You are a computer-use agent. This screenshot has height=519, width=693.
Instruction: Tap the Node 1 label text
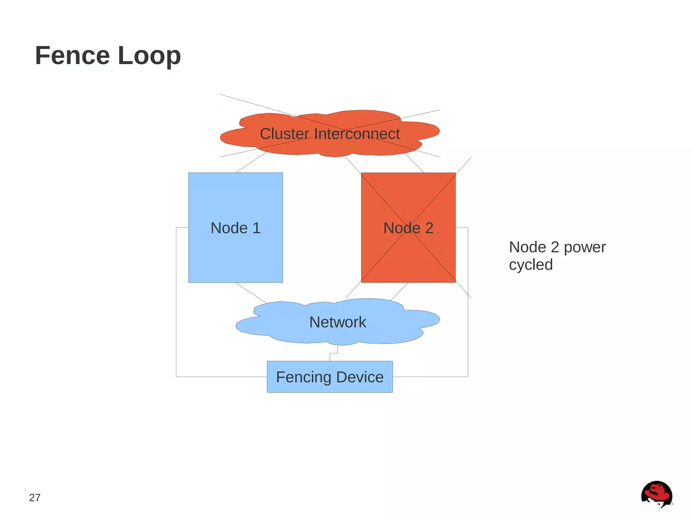coord(235,228)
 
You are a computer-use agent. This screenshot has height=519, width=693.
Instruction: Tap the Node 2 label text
coord(408,228)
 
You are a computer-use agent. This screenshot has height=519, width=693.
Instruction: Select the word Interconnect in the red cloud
coord(357,134)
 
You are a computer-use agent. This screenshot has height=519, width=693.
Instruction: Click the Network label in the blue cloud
coord(337,322)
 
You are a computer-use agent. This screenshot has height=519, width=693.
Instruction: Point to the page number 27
coord(35,498)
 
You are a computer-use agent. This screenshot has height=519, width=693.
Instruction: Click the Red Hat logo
coord(656,494)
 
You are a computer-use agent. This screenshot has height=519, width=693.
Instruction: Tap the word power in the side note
coord(584,247)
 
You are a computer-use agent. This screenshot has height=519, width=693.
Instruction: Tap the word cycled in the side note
coord(531,265)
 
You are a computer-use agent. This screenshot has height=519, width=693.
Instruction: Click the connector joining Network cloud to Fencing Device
coord(334,353)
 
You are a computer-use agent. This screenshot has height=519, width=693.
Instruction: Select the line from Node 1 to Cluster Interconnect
coord(251,163)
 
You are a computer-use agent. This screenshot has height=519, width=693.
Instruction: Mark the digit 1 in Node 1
coord(256,228)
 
